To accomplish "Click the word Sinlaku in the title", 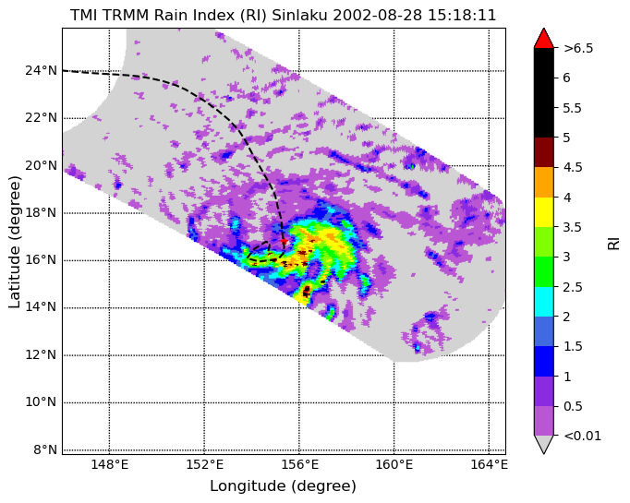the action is point(300,16).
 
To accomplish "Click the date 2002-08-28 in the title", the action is point(378,16).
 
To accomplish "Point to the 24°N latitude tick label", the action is point(41,71).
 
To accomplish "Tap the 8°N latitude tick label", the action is point(45,449).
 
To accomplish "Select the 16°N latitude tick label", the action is point(41,260).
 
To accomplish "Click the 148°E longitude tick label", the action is point(110,465).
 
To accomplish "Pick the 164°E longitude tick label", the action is point(489,465).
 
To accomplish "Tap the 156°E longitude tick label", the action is point(299,465).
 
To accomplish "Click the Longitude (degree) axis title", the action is point(284,486).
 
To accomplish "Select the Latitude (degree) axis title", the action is point(14,242).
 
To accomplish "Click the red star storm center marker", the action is point(284,241).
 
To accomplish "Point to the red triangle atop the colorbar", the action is point(544,38).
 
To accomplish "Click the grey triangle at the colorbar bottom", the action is point(544,444).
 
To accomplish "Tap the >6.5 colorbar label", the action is point(578,48).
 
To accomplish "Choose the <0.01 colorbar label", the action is point(583,436).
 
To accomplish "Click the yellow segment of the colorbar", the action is point(544,212).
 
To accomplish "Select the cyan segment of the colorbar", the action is point(544,302).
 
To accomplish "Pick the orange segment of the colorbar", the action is point(544,182).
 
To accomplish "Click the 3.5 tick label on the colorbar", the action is point(573,227).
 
